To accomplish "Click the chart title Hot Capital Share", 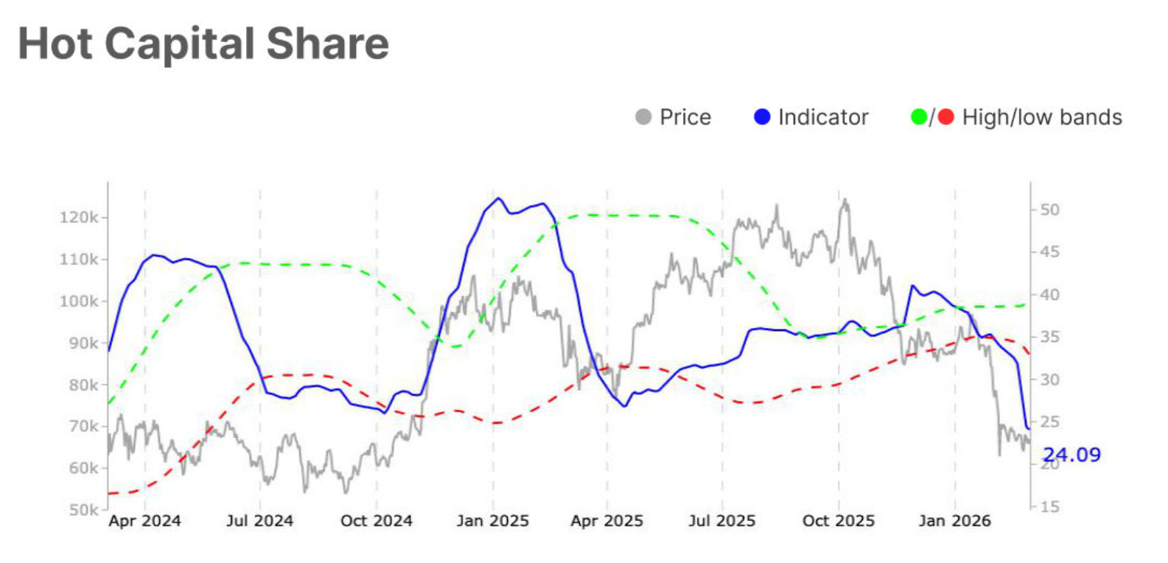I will tap(203, 43).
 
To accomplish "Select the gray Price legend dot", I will tap(643, 117).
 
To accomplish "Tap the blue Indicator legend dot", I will tap(762, 117).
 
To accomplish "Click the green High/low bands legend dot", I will tap(918, 117).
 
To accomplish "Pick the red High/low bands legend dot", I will tap(946, 117).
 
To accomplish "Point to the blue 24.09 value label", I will tap(1072, 455).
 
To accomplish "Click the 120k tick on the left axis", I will tap(78, 217).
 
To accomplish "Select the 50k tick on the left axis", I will tap(83, 510).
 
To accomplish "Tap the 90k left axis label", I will tap(78, 343).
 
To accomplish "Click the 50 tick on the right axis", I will tap(1049, 210).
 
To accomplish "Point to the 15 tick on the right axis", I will tap(1049, 507).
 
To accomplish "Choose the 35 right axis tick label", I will tap(1049, 337).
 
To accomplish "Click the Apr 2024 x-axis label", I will tap(144, 521).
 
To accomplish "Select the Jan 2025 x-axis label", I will tap(492, 521).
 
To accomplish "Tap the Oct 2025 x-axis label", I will tap(838, 521).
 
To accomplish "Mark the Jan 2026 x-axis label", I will tap(954, 521).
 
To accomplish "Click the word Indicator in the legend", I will tap(823, 117).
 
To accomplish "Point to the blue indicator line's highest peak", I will tap(499, 198).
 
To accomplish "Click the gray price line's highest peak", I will tap(844, 200).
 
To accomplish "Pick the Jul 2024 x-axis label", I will tap(259, 521).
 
